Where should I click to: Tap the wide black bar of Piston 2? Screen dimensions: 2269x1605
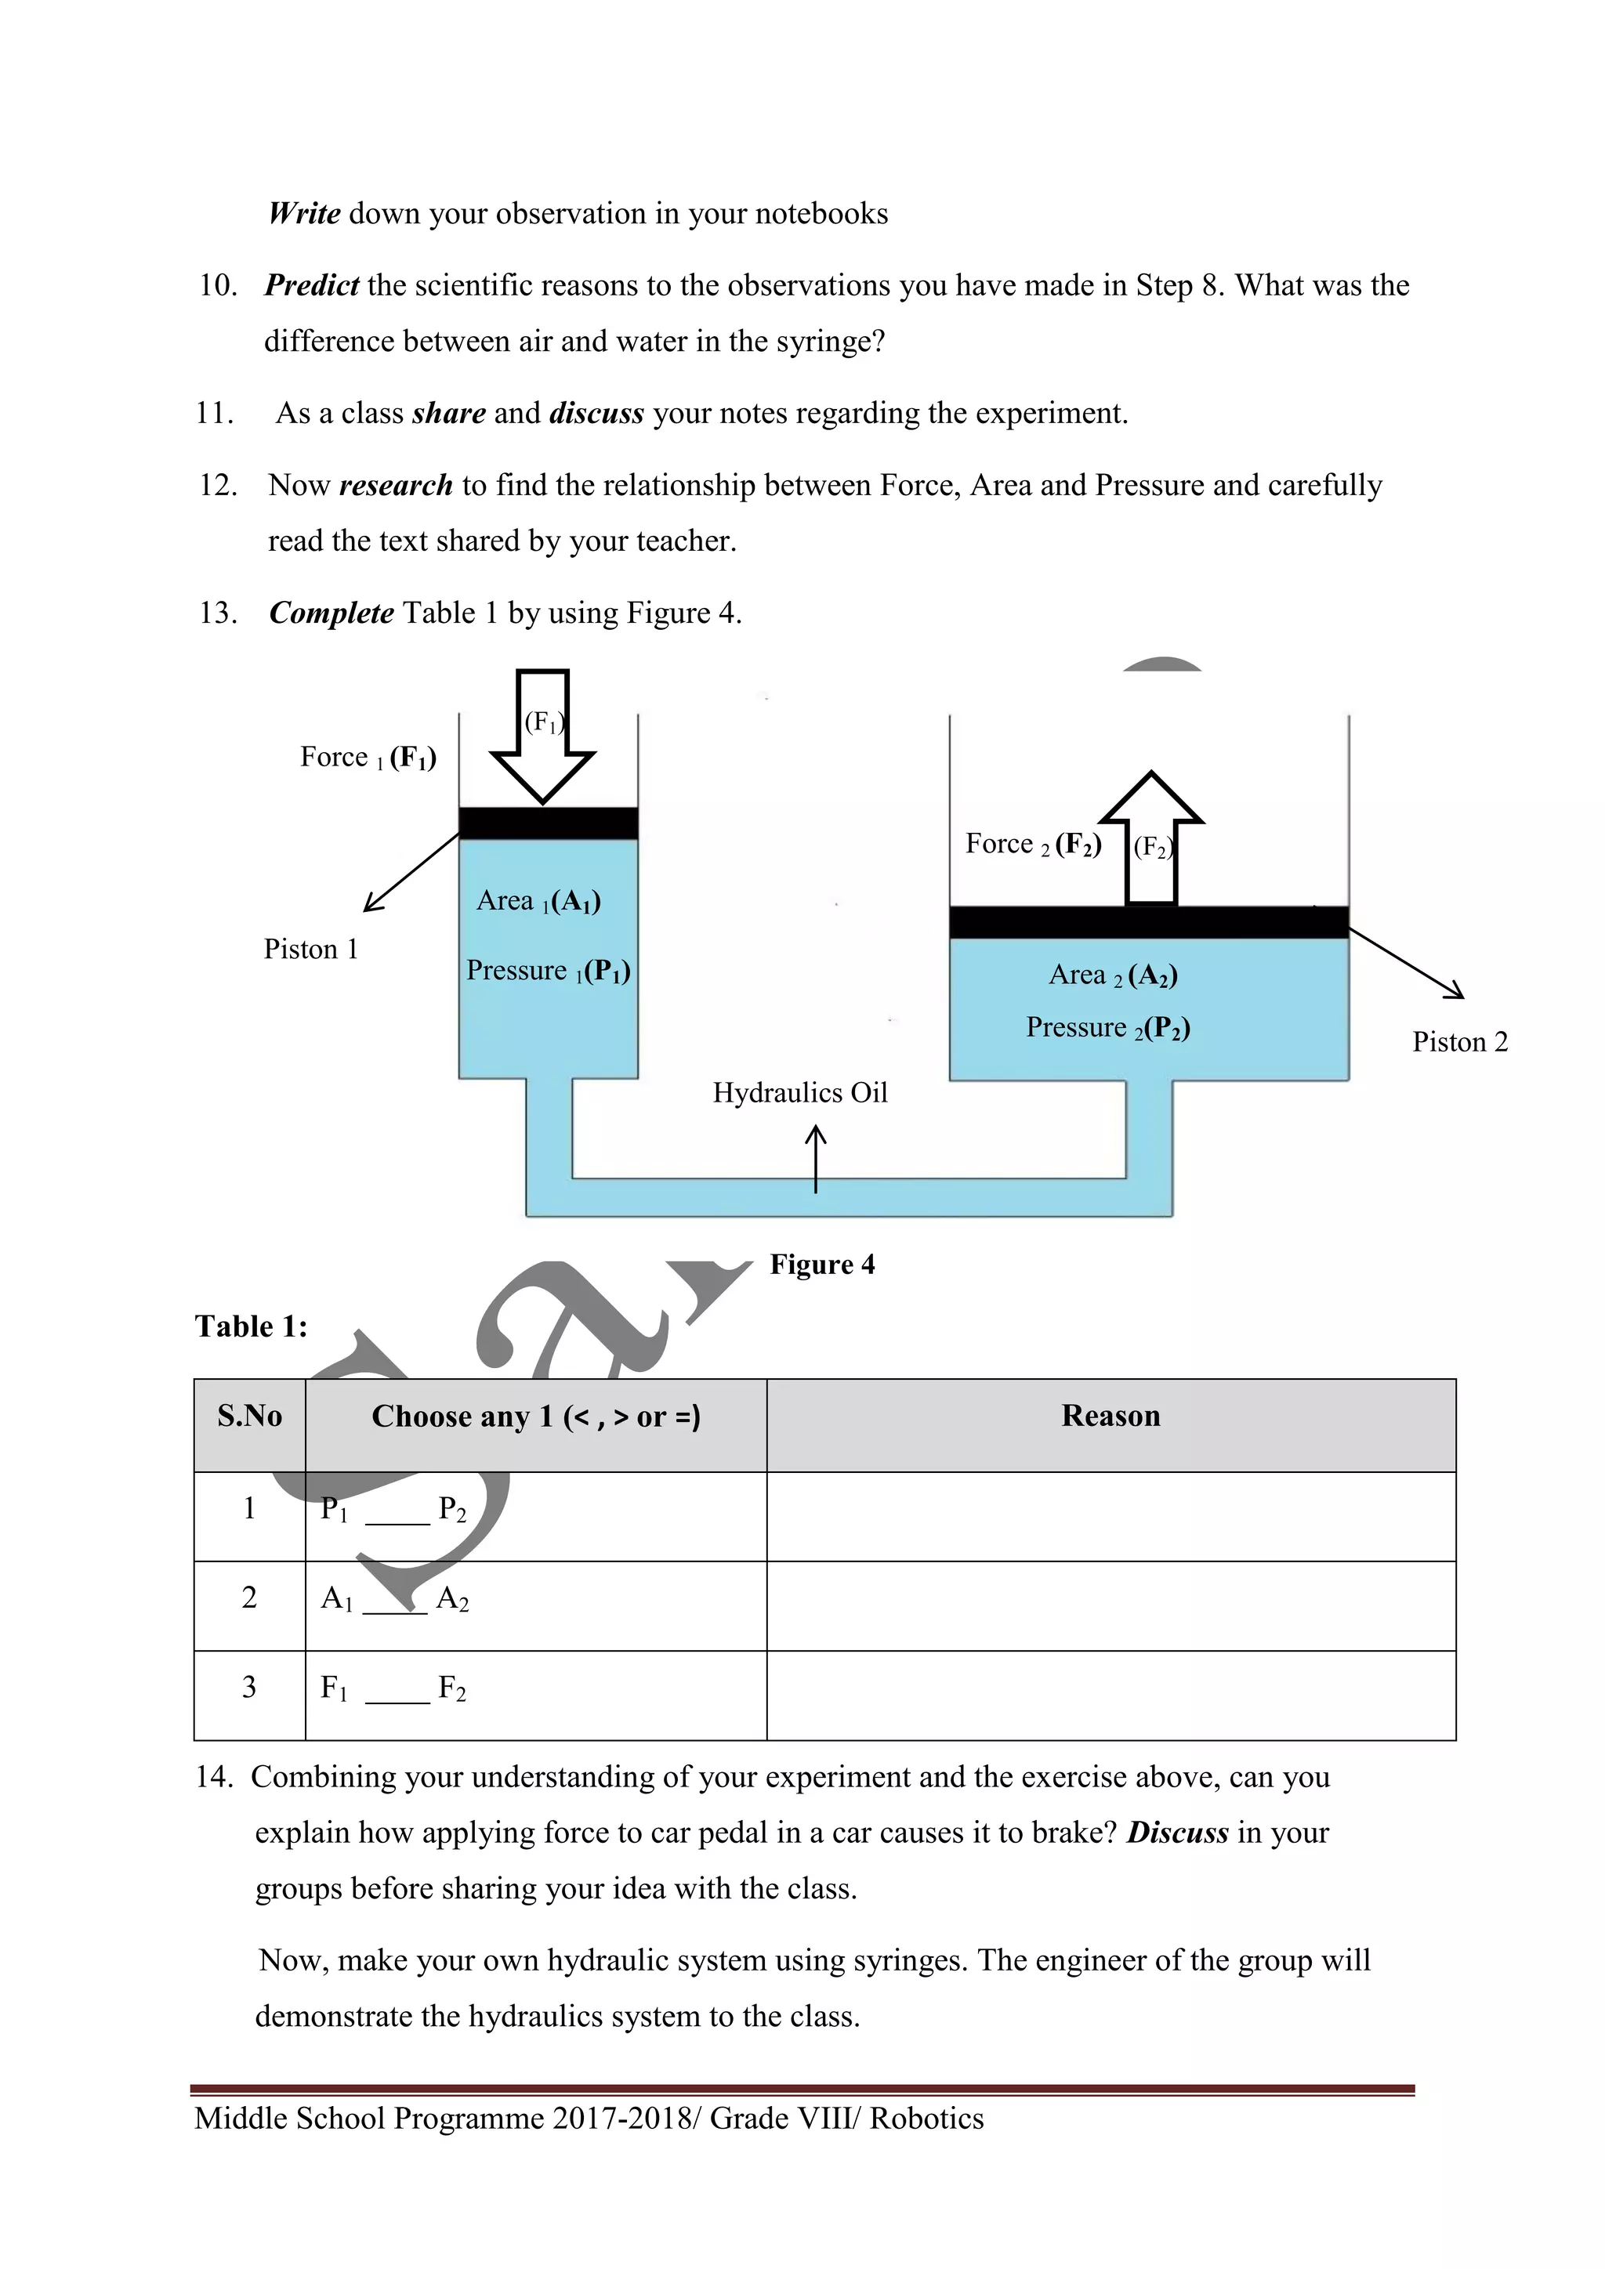pos(1148,922)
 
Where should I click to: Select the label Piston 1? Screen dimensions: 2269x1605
pos(310,950)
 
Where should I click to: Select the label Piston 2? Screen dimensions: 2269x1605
pos(1460,1043)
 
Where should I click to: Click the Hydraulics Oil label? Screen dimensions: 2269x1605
pos(799,1093)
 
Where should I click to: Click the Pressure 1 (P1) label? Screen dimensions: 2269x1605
pos(549,972)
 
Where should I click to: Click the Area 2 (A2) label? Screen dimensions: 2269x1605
pos(1113,976)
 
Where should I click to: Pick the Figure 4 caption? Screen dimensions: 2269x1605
pos(822,1265)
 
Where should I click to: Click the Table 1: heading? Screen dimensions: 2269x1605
pos(251,1326)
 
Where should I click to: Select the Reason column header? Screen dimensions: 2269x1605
pos(1110,1416)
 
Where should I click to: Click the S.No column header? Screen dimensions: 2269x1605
pos(250,1416)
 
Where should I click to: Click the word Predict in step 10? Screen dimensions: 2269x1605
pos(313,286)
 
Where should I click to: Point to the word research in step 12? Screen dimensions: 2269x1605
pos(395,485)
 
